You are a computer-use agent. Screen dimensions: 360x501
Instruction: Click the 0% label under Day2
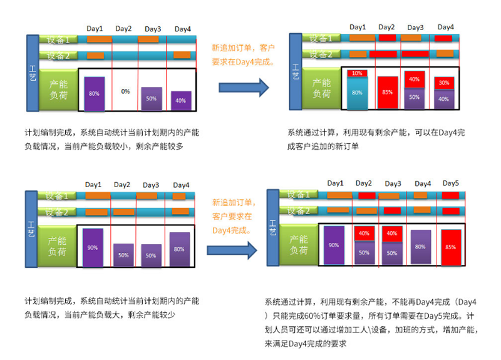pyautogui.click(x=125, y=91)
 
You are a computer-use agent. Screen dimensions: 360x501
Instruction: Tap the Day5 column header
pyautogui.click(x=451, y=183)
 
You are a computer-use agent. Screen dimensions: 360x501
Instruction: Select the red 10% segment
pyautogui.click(x=356, y=74)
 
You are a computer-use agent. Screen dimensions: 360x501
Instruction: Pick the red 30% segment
pyautogui.click(x=443, y=83)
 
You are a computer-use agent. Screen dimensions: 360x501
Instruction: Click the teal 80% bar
pyautogui.click(x=356, y=93)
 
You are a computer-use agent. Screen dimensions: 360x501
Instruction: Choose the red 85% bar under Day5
pyautogui.click(x=451, y=247)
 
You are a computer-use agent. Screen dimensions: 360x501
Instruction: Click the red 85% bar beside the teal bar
pyautogui.click(x=388, y=93)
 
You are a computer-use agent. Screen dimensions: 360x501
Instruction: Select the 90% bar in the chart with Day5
pyautogui.click(x=333, y=245)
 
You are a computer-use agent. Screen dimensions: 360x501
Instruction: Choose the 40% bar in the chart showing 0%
pyautogui.click(x=180, y=101)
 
